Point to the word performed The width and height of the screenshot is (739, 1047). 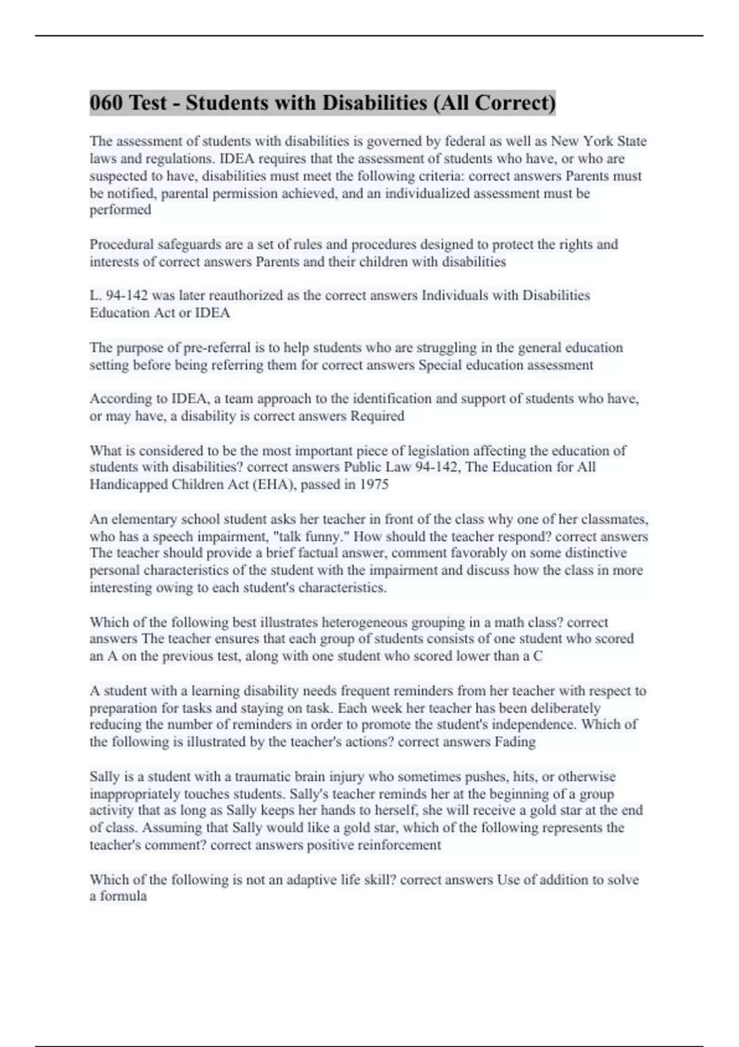[x=120, y=210]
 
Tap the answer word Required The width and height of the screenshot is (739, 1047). [x=377, y=416]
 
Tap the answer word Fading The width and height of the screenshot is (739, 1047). [x=515, y=742]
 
